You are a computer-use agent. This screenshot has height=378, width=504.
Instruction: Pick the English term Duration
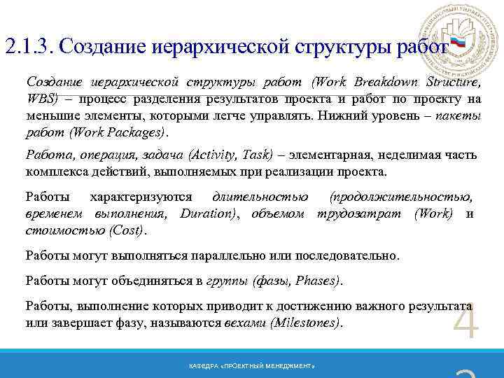point(207,213)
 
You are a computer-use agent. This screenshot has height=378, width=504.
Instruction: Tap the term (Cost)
point(126,230)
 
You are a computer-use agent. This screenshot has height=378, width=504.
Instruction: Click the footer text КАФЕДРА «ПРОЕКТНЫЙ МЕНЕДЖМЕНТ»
point(252,367)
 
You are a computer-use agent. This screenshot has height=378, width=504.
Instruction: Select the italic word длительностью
point(250,197)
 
